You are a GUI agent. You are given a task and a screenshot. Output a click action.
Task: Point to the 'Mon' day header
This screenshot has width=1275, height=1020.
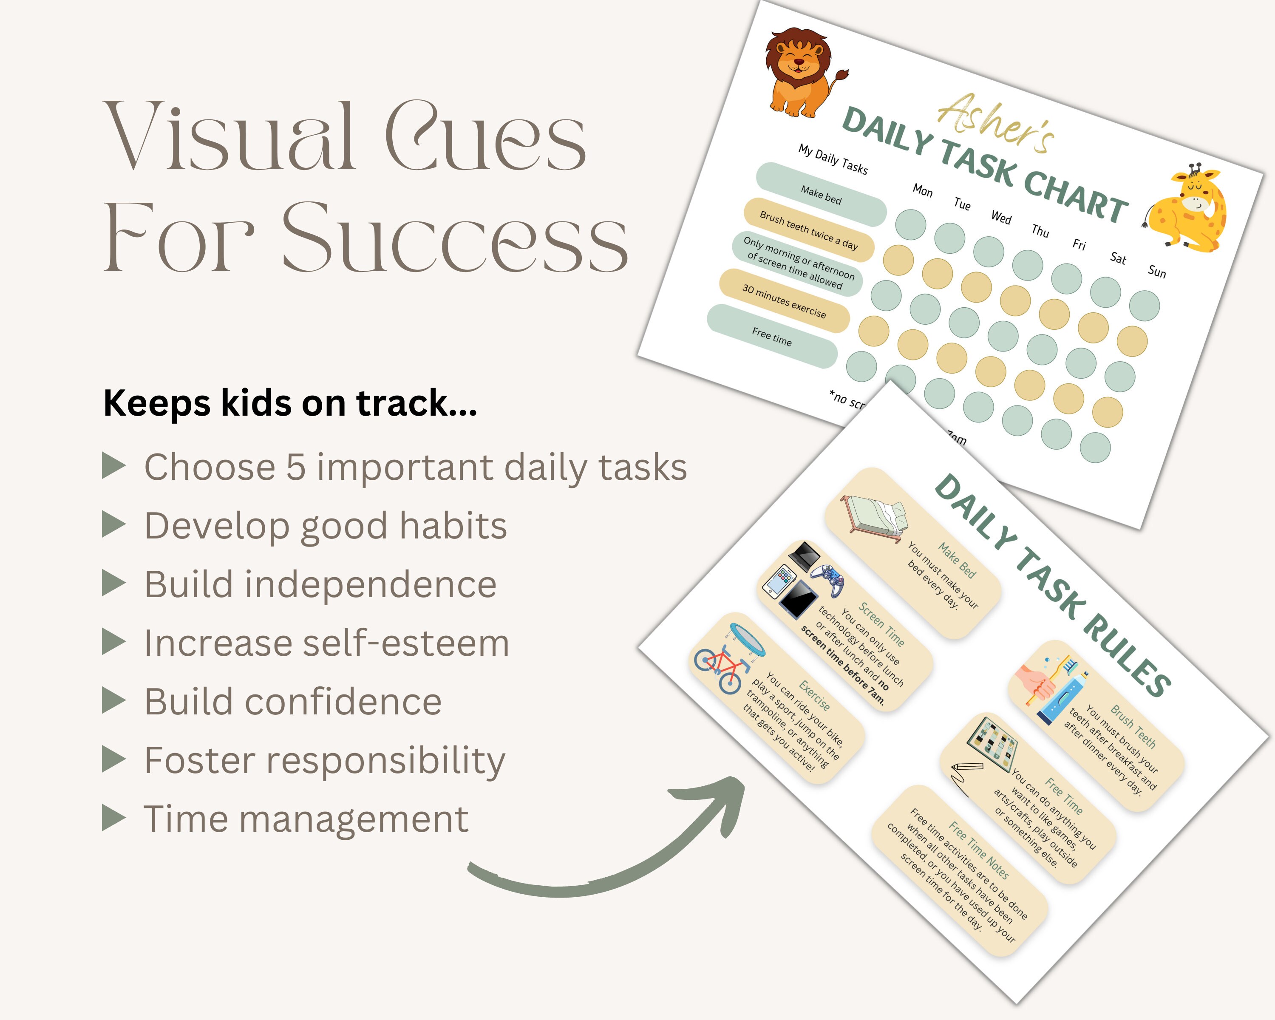923,190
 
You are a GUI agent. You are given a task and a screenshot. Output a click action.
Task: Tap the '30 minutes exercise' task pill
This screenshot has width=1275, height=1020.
784,301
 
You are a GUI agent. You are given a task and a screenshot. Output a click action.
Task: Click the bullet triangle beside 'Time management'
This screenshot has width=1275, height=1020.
113,819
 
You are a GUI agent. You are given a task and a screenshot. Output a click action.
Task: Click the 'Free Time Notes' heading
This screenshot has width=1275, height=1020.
979,850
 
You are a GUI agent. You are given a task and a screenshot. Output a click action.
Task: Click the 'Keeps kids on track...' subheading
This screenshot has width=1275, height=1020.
290,403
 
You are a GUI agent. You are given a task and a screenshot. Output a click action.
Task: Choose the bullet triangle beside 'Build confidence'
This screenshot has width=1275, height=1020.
113,701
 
